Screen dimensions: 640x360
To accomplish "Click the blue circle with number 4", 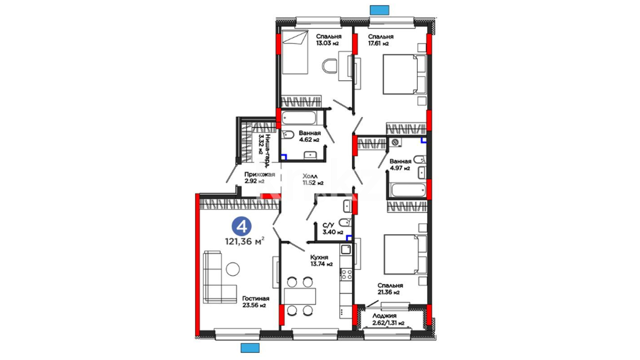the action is coord(242,226).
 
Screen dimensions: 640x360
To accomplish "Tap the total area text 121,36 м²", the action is coord(245,241).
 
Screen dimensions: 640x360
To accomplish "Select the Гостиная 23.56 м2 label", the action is coord(256,302).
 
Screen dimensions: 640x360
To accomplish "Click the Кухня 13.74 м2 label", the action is coord(321,261).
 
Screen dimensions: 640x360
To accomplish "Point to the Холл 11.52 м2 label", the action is coord(313,179).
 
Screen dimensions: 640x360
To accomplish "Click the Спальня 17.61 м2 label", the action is coord(381,40).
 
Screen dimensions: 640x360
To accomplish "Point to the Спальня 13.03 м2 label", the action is coord(329,40).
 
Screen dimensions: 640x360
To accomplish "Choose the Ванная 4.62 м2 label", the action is coord(310,136).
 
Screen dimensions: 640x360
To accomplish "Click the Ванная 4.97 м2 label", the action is coord(400,165).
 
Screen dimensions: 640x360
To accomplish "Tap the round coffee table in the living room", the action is coord(233,269).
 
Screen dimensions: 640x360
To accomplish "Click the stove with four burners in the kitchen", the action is coord(346,274).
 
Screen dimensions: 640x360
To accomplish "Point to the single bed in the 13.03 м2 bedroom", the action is coord(295,52).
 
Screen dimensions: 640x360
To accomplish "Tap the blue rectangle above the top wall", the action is coord(380,10).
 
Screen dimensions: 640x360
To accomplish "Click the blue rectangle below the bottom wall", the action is coord(250,348).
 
